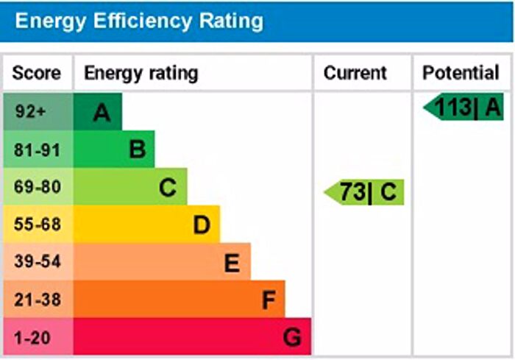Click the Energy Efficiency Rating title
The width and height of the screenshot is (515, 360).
139,21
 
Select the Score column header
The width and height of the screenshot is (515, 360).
37,73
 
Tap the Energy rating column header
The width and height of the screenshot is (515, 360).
141,73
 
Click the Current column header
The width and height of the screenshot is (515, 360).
355,73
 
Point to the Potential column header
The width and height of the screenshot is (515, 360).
461,73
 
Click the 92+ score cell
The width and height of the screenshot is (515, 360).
30,113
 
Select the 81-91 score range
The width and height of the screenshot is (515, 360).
37,150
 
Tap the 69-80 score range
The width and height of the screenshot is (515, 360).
37,188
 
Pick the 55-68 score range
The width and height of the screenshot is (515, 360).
37,225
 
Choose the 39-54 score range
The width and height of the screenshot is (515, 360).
37,262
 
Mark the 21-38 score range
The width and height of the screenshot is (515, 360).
37,300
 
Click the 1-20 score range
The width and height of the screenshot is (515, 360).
32,337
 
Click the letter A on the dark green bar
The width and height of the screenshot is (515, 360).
102,113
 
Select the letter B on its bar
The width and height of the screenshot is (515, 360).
137,150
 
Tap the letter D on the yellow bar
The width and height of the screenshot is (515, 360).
202,225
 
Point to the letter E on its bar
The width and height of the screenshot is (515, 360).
232,262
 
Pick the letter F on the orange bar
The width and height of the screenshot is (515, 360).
269,300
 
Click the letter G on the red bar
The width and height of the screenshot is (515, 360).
293,337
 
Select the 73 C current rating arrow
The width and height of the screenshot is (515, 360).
365,193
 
